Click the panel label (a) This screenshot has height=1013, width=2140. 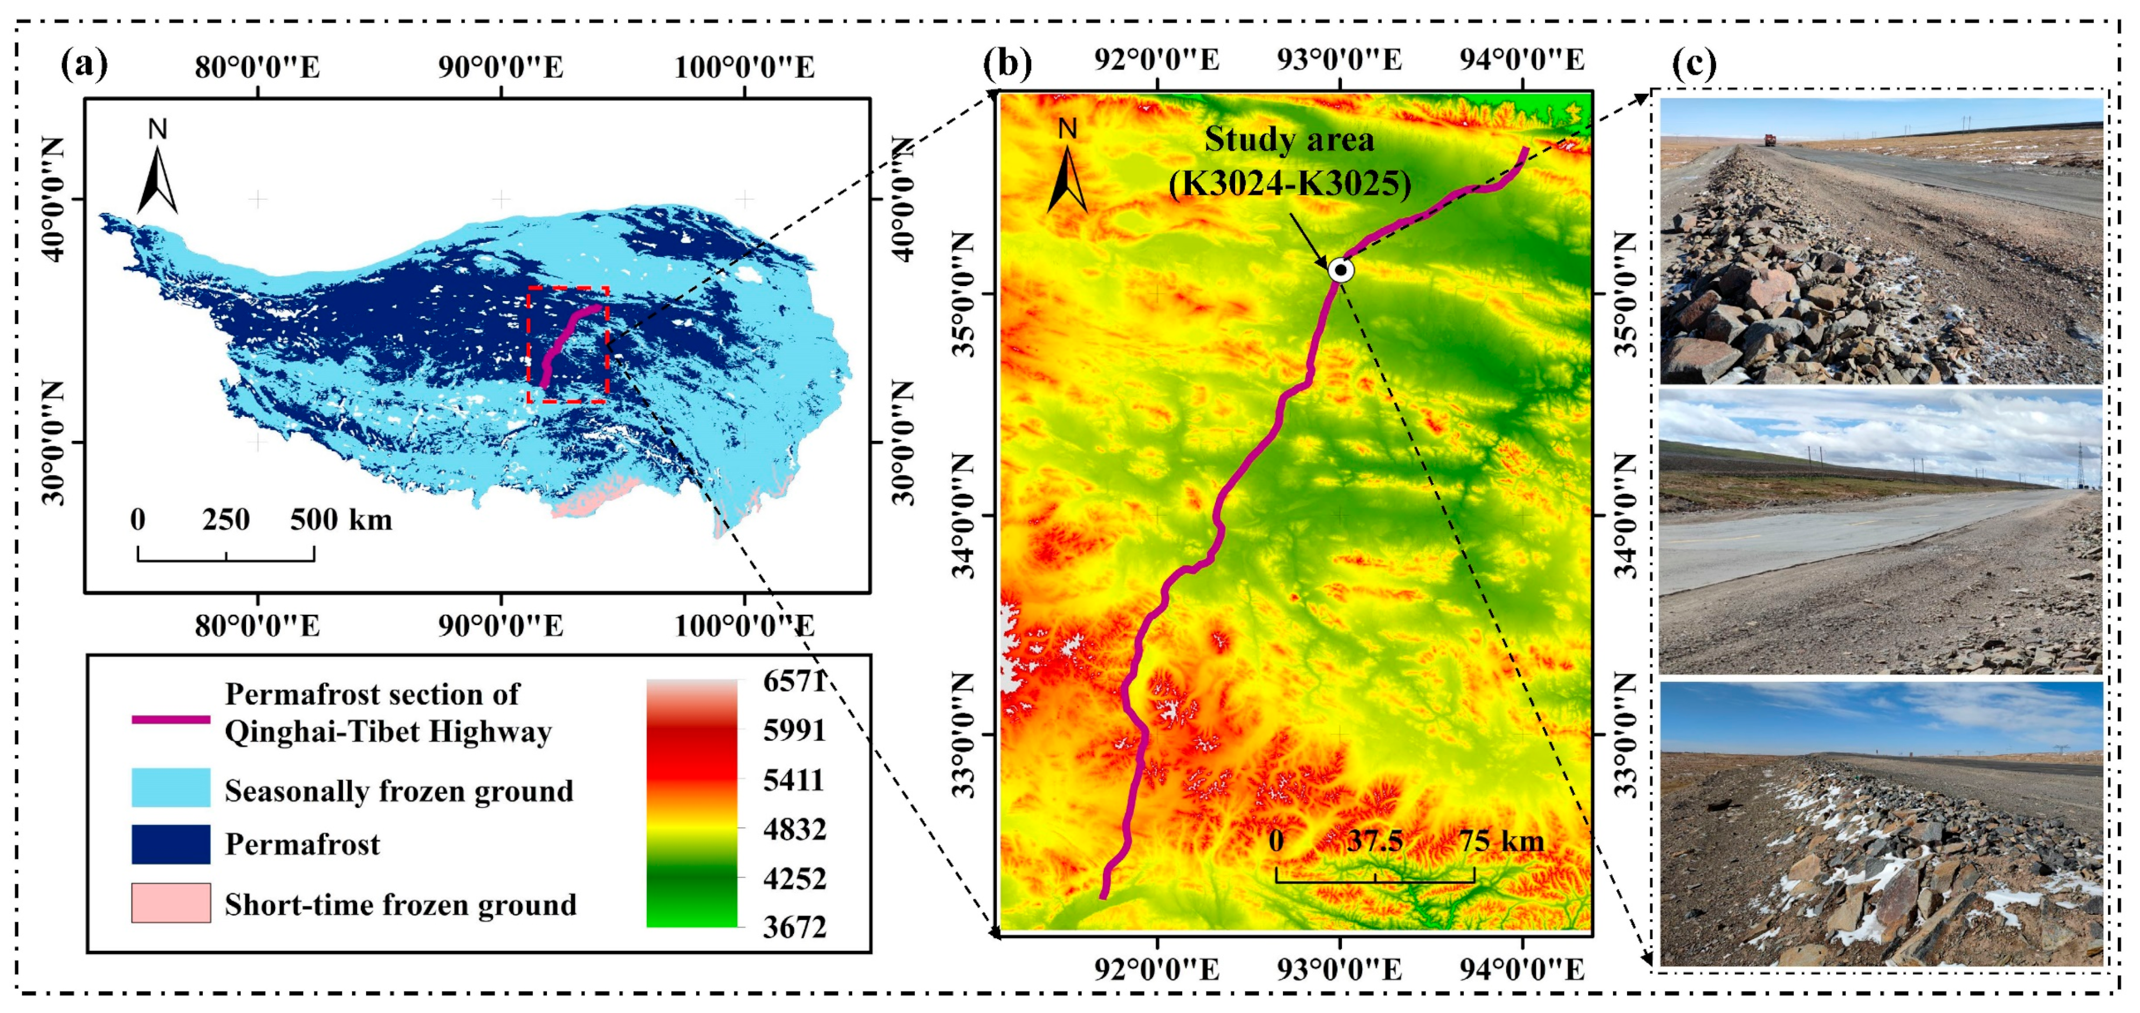point(84,64)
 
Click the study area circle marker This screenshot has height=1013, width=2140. point(1341,270)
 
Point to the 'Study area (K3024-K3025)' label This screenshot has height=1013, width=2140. point(1290,161)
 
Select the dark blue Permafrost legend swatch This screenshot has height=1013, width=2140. point(170,844)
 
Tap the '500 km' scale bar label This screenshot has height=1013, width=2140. point(341,520)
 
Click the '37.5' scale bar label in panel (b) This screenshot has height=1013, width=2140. point(1375,841)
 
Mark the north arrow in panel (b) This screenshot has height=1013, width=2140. point(1067,166)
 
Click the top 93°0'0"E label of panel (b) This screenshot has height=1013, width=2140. point(1339,60)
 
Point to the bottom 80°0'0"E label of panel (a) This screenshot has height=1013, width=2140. point(258,626)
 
